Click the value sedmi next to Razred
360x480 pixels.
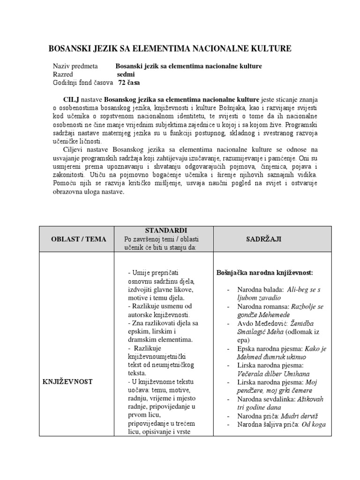pyautogui.click(x=126, y=74)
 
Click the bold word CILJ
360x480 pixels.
pyautogui.click(x=72, y=100)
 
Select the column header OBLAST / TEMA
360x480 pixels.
pyautogui.click(x=78, y=239)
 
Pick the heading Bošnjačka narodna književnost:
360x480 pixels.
pyautogui.click(x=264, y=272)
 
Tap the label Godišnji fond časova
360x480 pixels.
pyautogui.click(x=82, y=82)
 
